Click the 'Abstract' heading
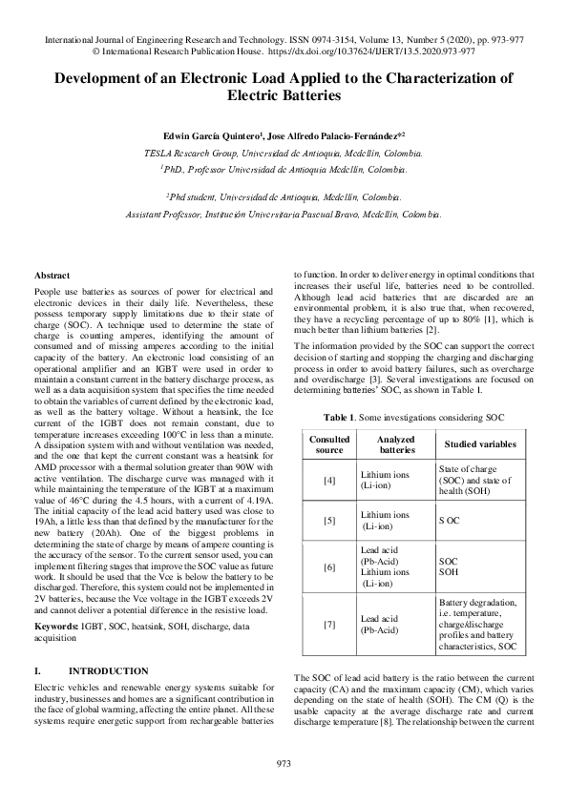[x=53, y=275]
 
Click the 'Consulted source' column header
[x=329, y=443]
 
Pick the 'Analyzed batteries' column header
[x=385, y=443]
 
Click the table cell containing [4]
[x=329, y=479]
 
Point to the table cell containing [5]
[x=329, y=520]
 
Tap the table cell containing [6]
[x=329, y=566]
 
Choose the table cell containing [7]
[x=329, y=625]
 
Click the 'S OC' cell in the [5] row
[x=449, y=520]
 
